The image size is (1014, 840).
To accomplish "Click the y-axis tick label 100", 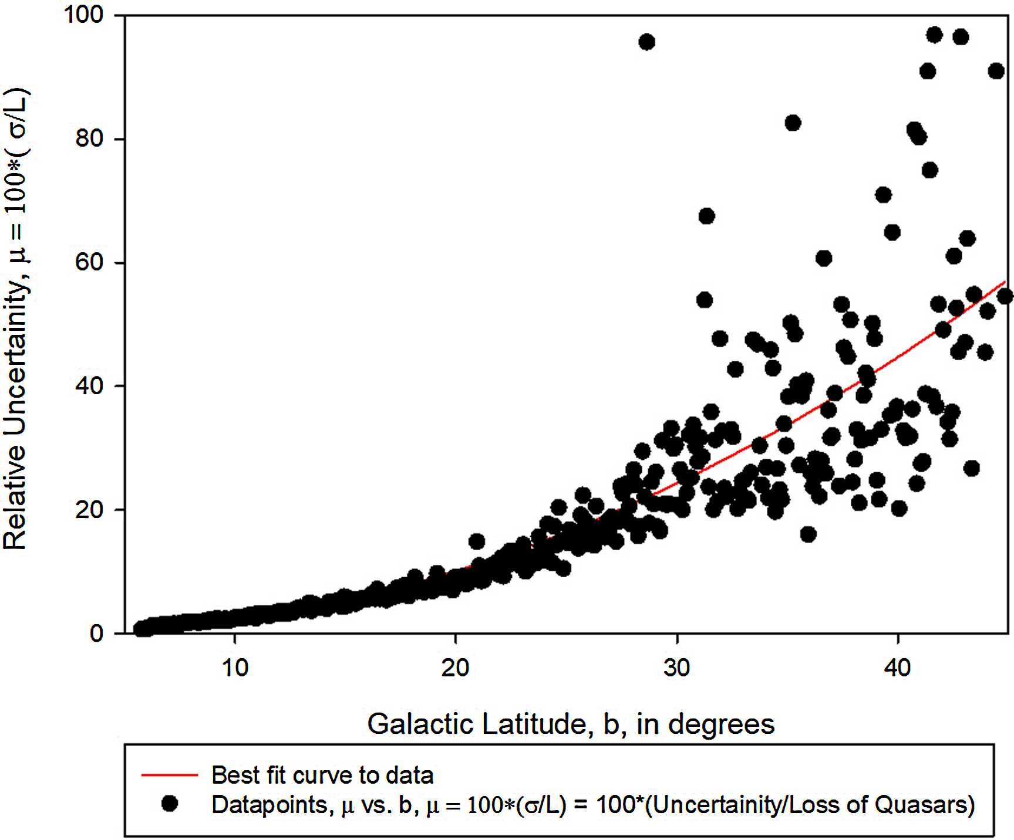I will (83, 15).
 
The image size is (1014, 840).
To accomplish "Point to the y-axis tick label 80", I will (89, 138).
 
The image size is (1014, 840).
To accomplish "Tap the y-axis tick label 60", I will (89, 262).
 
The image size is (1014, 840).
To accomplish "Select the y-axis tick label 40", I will (89, 386).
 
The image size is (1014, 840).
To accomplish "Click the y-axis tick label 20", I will (89, 510).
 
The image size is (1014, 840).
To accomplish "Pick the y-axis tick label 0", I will (96, 634).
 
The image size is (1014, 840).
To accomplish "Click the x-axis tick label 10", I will (235, 668).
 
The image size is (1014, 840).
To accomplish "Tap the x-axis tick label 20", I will (456, 668).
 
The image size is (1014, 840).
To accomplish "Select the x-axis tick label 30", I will (676, 668).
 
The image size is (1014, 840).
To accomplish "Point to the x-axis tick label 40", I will (898, 668).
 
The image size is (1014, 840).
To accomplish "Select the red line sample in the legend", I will (169, 775).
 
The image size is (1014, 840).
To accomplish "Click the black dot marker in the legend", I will (170, 804).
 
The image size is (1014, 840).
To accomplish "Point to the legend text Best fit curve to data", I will (322, 775).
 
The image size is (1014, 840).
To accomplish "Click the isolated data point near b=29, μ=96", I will (646, 42).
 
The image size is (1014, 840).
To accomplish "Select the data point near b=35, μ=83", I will (793, 123).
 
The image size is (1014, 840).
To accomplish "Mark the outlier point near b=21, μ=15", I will (477, 541).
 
